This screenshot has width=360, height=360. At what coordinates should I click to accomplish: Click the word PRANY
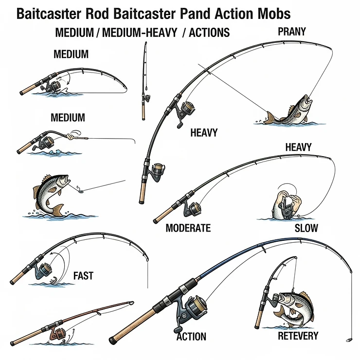tap(292, 32)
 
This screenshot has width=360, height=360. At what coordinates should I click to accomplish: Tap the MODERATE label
tap(188, 228)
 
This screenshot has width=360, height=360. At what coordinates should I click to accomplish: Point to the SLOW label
tap(306, 228)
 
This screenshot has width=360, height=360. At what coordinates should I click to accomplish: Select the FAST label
tap(83, 276)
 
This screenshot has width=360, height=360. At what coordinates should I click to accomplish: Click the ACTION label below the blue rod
tap(191, 337)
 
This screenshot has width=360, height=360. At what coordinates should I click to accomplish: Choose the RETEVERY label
tap(298, 336)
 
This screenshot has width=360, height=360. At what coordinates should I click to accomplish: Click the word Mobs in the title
tap(275, 13)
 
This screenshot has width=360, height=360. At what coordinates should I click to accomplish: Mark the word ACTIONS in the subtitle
tap(209, 33)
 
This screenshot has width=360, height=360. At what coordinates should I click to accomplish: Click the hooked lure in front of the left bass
tap(77, 188)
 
